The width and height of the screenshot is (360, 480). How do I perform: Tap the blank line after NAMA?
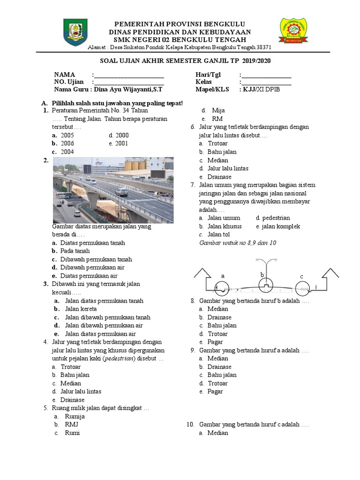pyautogui.click(x=129, y=75)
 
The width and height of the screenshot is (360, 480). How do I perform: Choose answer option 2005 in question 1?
pyautogui.click(x=67, y=135)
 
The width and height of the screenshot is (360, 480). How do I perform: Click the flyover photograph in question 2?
pyautogui.click(x=113, y=190)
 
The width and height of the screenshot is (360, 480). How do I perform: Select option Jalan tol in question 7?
pyautogui.click(x=219, y=234)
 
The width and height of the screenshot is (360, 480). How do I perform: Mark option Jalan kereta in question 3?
pyautogui.click(x=81, y=309)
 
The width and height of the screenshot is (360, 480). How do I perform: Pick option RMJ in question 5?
pyautogui.click(x=71, y=425)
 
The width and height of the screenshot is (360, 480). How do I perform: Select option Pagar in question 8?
pyautogui.click(x=215, y=342)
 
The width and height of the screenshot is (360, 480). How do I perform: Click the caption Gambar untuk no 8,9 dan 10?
pyautogui.click(x=238, y=243)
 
